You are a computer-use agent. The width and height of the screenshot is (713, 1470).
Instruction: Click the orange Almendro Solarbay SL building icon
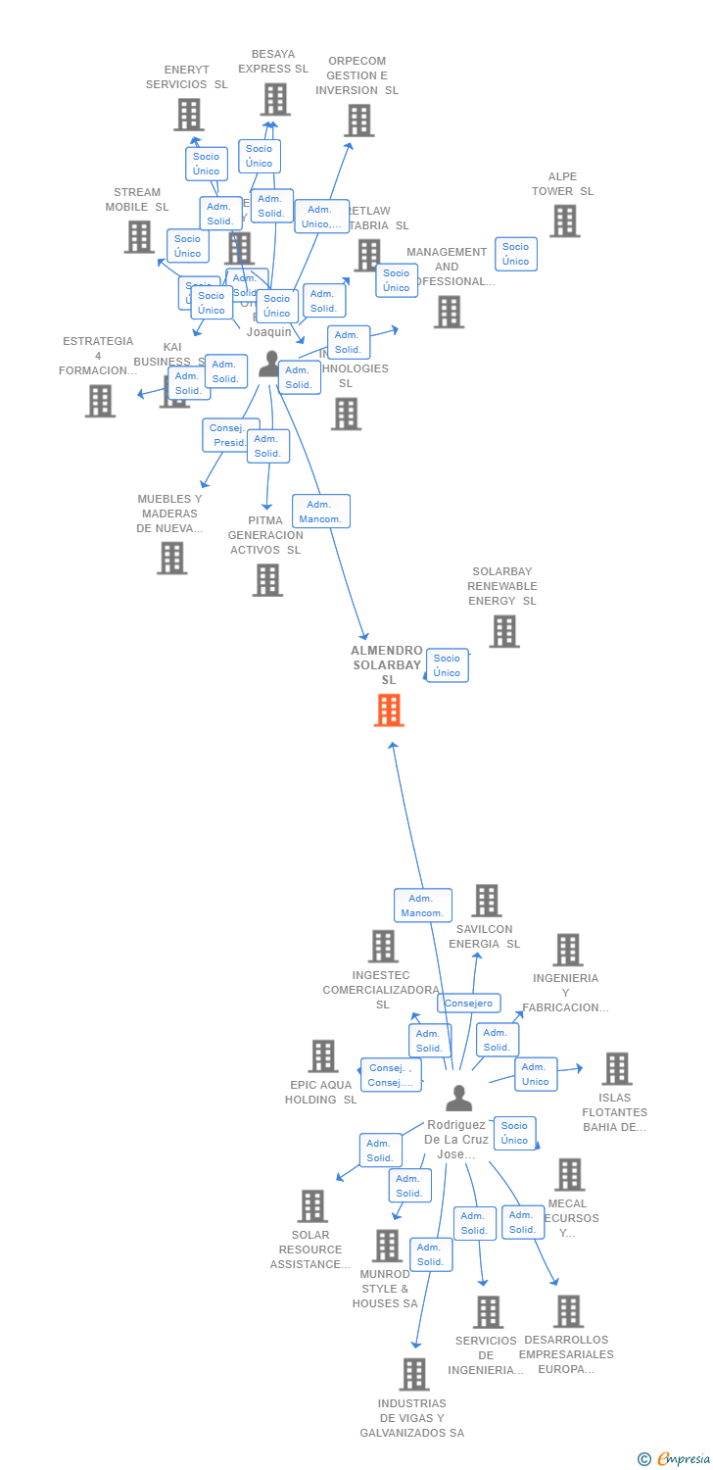(x=389, y=710)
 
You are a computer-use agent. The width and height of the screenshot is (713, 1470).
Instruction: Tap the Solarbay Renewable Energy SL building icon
(x=503, y=632)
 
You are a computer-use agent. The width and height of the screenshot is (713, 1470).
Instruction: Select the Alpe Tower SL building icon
(x=564, y=221)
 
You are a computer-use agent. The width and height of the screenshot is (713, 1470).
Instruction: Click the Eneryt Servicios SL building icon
(x=189, y=115)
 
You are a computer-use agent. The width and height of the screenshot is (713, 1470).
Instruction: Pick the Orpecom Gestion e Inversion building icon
(x=359, y=121)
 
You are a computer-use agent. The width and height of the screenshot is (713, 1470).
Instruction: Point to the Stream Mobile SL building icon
(x=139, y=236)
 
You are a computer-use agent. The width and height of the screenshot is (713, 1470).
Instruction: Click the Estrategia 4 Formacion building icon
(x=100, y=401)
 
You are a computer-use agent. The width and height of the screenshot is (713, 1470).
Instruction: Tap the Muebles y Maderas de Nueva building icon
(x=171, y=558)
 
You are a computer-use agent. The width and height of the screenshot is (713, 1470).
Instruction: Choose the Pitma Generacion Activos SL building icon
(x=267, y=579)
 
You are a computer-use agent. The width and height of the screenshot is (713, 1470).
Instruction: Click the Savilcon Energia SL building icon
(x=486, y=901)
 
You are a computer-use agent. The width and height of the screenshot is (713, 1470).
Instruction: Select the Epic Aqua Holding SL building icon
(x=323, y=1056)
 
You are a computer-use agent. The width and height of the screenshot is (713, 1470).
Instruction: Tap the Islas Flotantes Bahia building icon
(x=616, y=1069)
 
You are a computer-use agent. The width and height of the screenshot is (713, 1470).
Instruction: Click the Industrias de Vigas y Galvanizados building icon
(x=414, y=1374)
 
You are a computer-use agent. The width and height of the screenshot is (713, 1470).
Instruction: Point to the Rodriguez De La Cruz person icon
(x=458, y=1099)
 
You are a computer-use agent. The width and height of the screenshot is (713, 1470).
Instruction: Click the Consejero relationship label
(x=469, y=1004)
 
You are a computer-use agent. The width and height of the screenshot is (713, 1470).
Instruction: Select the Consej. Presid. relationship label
(x=231, y=435)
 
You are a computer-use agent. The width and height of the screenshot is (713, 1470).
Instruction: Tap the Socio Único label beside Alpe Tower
(x=516, y=254)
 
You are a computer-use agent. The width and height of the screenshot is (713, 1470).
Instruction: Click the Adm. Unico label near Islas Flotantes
(x=536, y=1074)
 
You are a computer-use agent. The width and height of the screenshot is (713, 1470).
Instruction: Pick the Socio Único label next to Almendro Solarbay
(x=447, y=665)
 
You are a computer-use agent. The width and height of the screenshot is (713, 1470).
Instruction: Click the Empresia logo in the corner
(x=675, y=1458)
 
